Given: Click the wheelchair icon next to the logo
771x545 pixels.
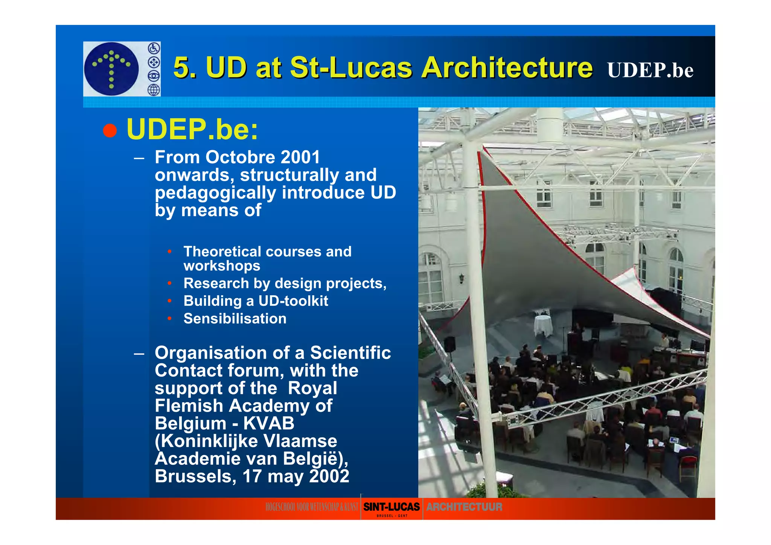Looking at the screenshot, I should (154, 48).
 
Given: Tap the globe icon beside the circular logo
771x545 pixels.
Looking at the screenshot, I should (154, 90).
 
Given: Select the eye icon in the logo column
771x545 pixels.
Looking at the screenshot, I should (154, 76).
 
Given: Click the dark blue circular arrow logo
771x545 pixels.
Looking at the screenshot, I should (111, 69).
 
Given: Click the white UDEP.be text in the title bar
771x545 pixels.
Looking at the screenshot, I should (650, 70).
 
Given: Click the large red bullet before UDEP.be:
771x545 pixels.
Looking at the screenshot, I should (110, 130).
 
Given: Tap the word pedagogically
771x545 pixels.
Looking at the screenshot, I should (215, 193).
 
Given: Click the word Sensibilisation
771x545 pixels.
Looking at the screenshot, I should (235, 319).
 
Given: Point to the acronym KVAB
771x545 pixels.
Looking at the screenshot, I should (268, 423).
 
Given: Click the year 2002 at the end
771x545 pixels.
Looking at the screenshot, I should (329, 476).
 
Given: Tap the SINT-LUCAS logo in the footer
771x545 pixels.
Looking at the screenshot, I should (391, 507).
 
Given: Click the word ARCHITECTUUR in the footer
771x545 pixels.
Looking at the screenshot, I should (464, 507).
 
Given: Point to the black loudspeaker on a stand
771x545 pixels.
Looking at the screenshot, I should (449, 344).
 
